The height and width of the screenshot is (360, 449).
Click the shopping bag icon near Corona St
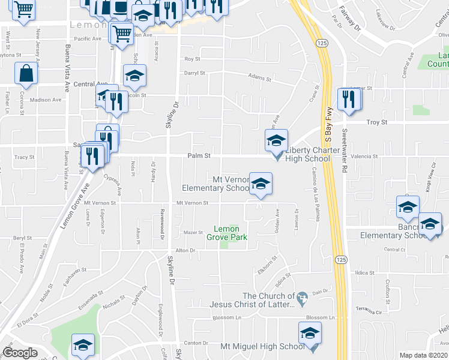tap(26, 74)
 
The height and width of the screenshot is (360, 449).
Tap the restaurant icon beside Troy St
tap(348, 99)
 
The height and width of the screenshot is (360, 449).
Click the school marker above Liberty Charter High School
tap(276, 140)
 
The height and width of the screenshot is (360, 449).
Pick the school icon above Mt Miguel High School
tap(310, 333)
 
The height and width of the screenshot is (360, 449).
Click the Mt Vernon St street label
tap(192, 203)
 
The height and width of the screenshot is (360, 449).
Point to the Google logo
tap(20, 353)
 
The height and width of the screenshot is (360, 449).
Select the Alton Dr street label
tap(185, 250)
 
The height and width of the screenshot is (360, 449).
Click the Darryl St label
tap(194, 73)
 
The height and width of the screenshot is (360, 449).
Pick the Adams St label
tap(260, 77)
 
